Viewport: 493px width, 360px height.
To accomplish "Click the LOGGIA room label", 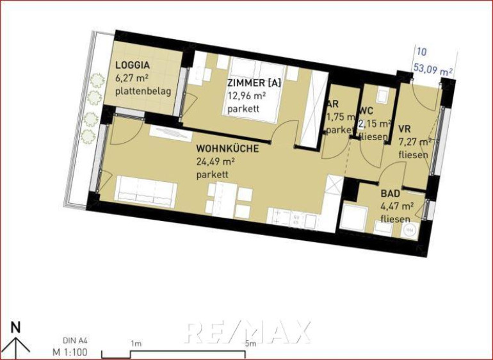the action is click(133, 65).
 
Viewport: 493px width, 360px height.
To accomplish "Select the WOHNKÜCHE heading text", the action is click(227, 149).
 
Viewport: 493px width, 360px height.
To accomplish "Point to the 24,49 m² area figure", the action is click(216, 161).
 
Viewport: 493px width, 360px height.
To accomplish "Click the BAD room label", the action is click(391, 193).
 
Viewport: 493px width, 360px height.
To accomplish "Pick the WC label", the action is click(366, 111).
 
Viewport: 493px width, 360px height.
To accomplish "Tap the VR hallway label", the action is click(405, 129).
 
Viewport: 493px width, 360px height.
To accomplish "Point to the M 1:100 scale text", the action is click(70, 352).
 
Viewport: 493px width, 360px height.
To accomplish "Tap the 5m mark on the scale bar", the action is click(250, 343).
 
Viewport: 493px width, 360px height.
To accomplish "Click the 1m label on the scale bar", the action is click(136, 343).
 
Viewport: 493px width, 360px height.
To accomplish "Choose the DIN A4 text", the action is click(75, 341).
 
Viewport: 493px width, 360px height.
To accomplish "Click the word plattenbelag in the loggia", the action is click(143, 92).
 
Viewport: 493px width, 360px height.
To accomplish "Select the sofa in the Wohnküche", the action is click(146, 192).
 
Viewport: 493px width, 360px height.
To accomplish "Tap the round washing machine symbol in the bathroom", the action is click(409, 231).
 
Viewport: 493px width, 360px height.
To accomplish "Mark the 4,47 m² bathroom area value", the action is click(397, 206).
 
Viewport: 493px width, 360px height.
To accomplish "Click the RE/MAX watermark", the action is click(248, 332).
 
